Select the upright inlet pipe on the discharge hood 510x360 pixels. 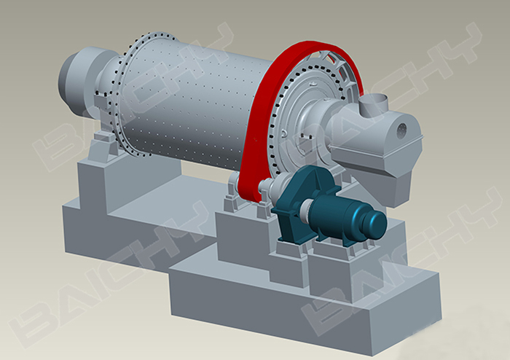click(373, 104)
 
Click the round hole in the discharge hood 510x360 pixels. click(401, 130)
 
